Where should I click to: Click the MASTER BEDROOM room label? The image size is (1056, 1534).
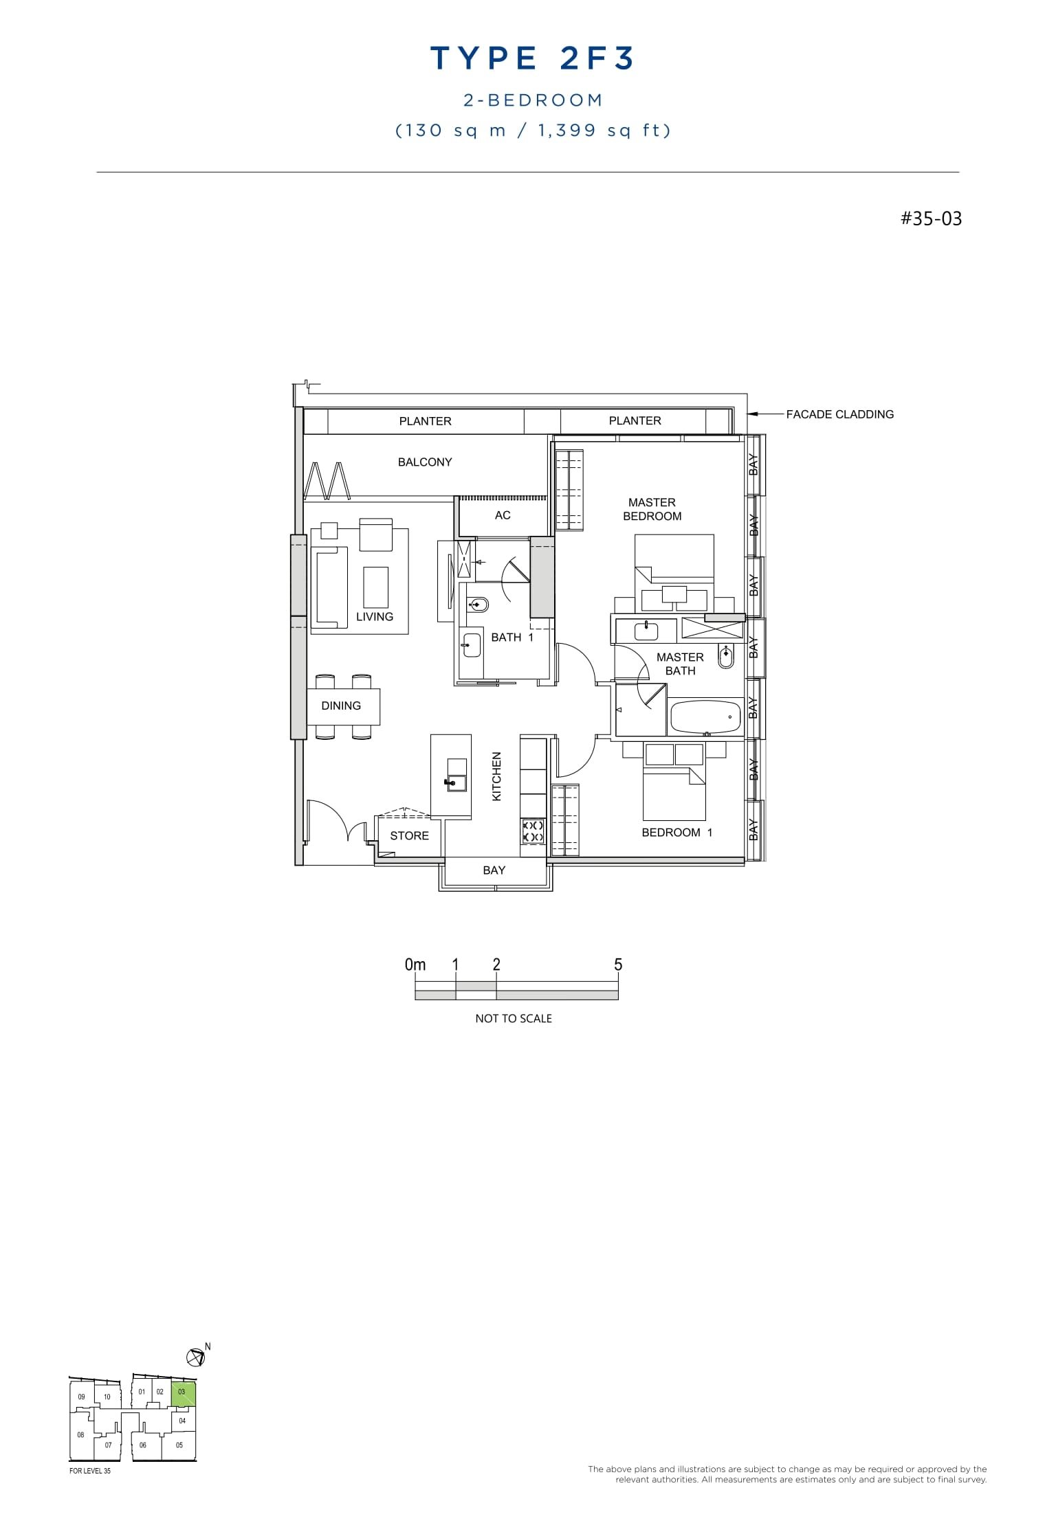point(652,509)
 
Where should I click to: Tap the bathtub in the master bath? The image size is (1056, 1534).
point(705,716)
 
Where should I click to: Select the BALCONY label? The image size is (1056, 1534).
point(425,462)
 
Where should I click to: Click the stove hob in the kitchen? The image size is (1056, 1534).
point(533,831)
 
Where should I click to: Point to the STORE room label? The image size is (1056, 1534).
point(409,835)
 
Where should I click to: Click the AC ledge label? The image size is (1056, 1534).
point(503,515)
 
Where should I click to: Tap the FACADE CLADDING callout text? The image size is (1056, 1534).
point(839,414)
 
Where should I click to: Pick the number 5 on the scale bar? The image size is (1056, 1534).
point(618,965)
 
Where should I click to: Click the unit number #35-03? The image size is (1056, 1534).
point(931,218)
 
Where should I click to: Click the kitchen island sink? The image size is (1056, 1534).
point(456,782)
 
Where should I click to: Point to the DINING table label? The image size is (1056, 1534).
point(341,706)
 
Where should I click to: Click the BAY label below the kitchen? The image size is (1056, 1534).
point(494,870)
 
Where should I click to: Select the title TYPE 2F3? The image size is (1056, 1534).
point(533,58)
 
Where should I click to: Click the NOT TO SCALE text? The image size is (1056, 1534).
point(514,1019)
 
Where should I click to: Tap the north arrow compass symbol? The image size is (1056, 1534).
point(195,1357)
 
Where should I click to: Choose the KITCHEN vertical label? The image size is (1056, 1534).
point(497,776)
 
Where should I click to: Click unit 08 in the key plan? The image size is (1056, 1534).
point(80,1434)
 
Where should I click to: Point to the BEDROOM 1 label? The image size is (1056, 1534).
point(676,833)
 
